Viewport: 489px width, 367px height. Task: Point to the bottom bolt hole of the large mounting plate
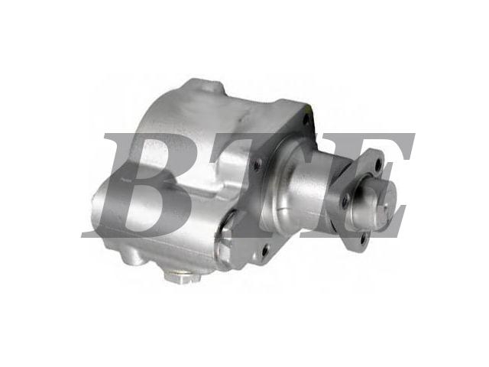[x=265, y=248]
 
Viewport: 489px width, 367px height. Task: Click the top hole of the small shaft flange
[x=379, y=164]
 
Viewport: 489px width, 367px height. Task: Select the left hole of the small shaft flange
[x=345, y=200]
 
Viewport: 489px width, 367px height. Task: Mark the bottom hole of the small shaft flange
[x=363, y=239]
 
